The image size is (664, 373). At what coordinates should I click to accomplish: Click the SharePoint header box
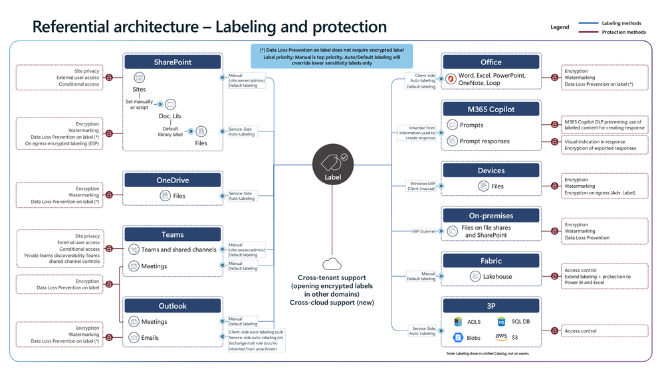(172, 62)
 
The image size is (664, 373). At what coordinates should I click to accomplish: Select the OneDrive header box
(172, 180)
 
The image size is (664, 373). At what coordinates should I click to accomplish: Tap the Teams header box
(172, 234)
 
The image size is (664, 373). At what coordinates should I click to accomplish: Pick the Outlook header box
(172, 306)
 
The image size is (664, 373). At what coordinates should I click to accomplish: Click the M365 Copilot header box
(491, 109)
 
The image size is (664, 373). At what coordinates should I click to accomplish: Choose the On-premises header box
(491, 216)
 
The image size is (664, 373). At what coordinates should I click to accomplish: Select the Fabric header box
(491, 261)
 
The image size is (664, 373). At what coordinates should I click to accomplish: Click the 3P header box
(491, 306)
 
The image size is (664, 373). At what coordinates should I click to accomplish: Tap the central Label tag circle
(332, 163)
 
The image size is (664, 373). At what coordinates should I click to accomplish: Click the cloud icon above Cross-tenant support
(332, 264)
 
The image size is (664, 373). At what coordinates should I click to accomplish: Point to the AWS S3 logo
(502, 337)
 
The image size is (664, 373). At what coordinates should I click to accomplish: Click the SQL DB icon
(502, 322)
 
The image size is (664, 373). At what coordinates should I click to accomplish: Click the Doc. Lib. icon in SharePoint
(170, 105)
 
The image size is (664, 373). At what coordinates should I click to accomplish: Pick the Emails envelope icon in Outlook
(134, 337)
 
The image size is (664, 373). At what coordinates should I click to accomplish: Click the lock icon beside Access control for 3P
(554, 331)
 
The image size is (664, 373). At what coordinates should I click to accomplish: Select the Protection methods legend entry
(623, 32)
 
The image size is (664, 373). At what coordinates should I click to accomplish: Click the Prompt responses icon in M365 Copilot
(452, 140)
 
